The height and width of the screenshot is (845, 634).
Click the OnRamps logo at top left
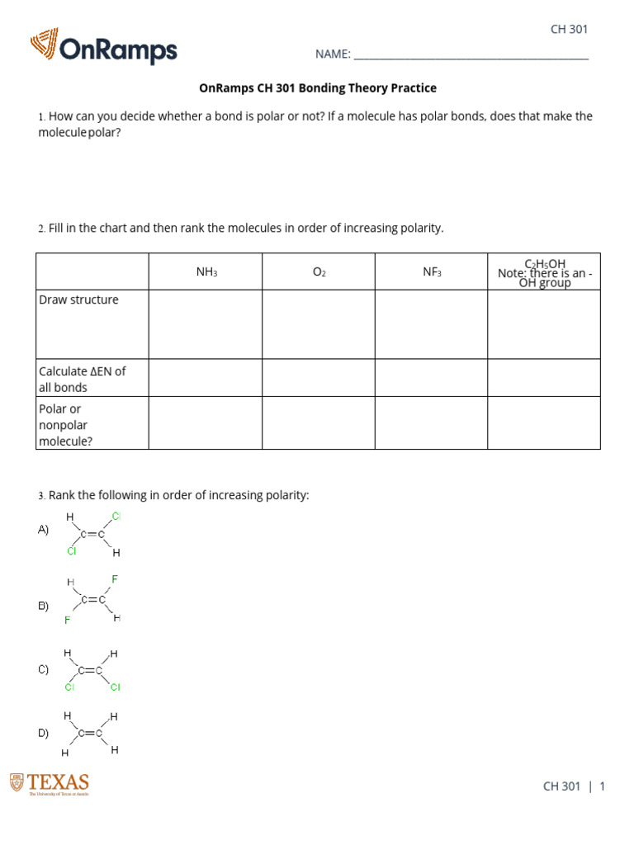point(104,47)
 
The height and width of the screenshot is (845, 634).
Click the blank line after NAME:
point(471,55)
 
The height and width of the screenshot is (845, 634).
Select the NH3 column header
point(206,271)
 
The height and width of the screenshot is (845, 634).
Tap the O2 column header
point(319,271)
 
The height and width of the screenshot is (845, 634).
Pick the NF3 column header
point(432,271)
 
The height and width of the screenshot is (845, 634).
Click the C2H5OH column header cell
point(544,272)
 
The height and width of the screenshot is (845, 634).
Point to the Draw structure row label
point(79,300)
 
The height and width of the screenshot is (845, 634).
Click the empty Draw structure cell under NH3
point(206,324)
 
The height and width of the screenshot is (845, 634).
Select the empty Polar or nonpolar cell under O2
point(319,424)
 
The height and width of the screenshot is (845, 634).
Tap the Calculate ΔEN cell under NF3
point(432,378)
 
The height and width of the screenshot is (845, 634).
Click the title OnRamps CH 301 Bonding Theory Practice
point(318,87)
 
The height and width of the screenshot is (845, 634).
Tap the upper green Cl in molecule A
point(116,516)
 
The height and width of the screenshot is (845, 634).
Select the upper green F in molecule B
point(115,579)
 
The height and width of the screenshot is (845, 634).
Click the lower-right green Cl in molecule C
point(116,687)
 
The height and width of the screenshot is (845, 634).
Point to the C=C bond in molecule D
point(90,733)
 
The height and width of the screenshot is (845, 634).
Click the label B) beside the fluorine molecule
point(43,606)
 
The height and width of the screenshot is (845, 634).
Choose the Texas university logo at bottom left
point(50,784)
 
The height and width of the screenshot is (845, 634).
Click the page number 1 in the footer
point(602,786)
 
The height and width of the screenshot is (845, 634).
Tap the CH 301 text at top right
point(569,29)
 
